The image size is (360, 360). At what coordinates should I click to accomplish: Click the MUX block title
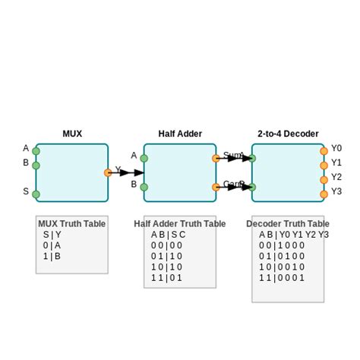[72, 134]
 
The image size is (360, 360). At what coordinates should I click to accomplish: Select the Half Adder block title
[180, 134]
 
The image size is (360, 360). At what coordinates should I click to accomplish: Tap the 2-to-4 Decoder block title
[288, 134]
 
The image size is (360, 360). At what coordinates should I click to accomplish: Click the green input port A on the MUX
[36, 150]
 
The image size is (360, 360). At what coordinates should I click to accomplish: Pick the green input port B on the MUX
[36, 165]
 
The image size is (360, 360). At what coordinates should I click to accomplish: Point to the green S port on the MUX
[36, 194]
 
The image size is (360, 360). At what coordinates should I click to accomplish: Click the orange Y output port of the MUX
[108, 172]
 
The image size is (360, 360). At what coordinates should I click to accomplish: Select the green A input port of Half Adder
[144, 159]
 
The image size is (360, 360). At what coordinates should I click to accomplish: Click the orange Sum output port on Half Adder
[216, 159]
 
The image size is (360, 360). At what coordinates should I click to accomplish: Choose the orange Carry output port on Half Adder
[216, 186]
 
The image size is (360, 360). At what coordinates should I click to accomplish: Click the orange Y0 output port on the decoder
[324, 150]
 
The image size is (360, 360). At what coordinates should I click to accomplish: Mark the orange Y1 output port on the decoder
[324, 165]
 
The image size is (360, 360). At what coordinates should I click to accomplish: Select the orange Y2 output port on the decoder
[324, 179]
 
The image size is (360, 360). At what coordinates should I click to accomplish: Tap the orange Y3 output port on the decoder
[324, 194]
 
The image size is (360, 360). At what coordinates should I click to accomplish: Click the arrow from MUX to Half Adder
[126, 172]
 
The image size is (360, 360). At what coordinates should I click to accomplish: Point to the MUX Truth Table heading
[72, 224]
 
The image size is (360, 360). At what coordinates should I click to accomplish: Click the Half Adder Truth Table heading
[180, 224]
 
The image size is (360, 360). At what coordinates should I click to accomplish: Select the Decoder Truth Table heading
[288, 224]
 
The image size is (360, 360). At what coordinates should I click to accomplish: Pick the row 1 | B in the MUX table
[52, 257]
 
